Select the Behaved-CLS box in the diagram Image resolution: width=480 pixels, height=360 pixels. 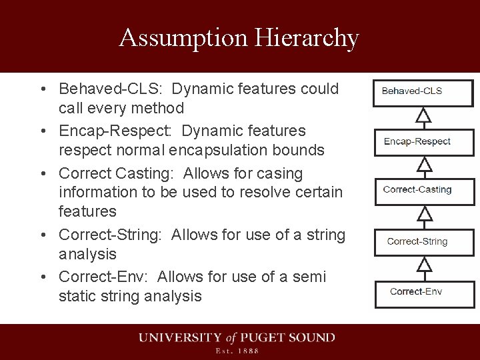423,92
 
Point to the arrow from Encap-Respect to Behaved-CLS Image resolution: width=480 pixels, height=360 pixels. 423,117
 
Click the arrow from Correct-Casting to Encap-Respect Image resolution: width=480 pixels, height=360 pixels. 423,165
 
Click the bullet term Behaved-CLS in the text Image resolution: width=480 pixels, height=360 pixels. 111,89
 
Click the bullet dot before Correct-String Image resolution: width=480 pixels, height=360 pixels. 42,235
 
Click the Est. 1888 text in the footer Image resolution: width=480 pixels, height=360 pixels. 237,351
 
